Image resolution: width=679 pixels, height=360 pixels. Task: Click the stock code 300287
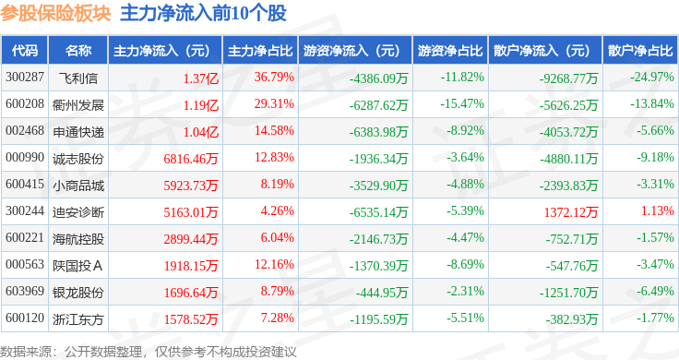click(25, 78)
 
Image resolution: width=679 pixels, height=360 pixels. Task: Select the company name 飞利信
click(77, 78)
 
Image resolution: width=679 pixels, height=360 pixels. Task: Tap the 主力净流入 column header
click(161, 51)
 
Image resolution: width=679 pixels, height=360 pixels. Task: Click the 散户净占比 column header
click(640, 51)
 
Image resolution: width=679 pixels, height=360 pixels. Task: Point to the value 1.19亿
click(201, 105)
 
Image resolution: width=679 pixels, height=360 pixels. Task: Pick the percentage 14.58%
click(274, 130)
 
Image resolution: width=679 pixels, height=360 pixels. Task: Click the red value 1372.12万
click(571, 211)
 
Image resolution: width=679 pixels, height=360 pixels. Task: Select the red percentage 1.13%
click(658, 210)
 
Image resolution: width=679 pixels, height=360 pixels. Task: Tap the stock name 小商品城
click(77, 186)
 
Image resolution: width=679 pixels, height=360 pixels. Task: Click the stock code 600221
click(25, 238)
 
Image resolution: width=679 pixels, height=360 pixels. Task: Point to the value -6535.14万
click(378, 211)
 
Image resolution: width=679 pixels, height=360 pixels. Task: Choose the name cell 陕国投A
click(77, 266)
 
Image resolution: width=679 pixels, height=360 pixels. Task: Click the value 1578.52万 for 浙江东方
click(191, 319)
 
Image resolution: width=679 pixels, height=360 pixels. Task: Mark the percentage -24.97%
click(652, 78)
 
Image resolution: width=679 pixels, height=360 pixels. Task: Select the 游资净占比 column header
click(450, 51)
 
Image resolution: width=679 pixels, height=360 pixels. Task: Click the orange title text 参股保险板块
click(55, 13)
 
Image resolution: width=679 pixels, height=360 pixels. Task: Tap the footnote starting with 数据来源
click(149, 352)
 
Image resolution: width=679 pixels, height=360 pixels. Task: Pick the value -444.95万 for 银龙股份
click(382, 293)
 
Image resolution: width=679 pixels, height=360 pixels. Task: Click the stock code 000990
click(25, 158)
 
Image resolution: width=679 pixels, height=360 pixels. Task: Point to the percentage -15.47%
click(462, 104)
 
